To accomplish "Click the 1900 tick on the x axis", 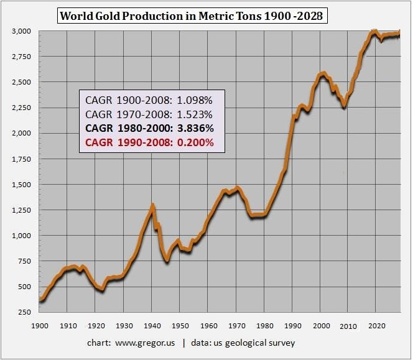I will click(x=40, y=326).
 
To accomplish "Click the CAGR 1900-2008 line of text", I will click(x=149, y=99).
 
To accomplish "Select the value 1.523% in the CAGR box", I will click(x=192, y=114).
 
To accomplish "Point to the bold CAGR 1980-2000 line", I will click(x=149, y=128).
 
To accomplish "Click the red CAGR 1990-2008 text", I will click(x=149, y=142).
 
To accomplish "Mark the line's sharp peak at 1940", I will click(x=152, y=205).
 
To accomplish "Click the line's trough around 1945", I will click(x=167, y=261).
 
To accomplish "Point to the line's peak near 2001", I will click(x=322, y=73).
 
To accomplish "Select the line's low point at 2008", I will click(x=343, y=108).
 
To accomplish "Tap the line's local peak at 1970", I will click(x=237, y=187).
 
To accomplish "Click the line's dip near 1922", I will click(x=101, y=290).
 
